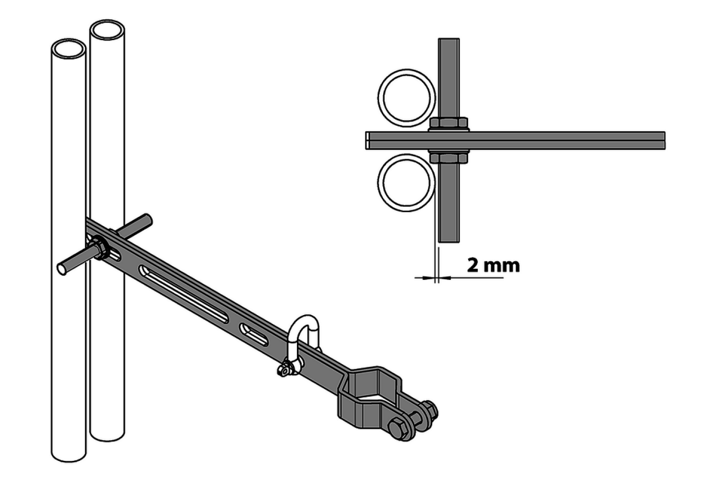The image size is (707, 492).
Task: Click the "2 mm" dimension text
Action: click(x=493, y=266)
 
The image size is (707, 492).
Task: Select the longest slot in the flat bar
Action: click(x=184, y=294)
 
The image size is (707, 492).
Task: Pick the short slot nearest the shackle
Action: click(x=254, y=334)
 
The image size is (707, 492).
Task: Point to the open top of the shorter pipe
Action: click(x=69, y=49)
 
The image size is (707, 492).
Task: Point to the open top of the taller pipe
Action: click(x=107, y=30)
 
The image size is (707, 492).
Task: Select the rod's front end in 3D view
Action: click(x=62, y=269)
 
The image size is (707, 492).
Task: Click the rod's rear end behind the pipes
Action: click(x=147, y=219)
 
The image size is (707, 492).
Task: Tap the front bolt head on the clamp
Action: click(x=397, y=429)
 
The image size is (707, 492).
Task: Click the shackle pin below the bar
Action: click(x=285, y=370)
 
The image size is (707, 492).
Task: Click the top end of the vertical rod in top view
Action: click(x=449, y=39)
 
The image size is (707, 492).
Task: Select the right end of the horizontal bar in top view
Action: click(x=664, y=140)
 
